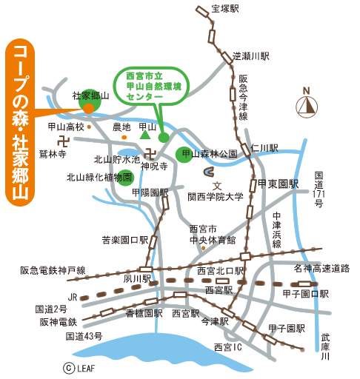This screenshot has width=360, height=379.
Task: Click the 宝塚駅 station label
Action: [x=227, y=9]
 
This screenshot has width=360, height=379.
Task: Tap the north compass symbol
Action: [x=306, y=106]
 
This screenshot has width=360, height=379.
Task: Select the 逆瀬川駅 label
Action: [x=251, y=56]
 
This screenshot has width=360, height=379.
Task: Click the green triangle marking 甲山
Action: [x=146, y=135]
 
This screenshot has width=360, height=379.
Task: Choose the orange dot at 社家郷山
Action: [x=89, y=108]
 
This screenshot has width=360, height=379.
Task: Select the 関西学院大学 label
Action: [x=216, y=197]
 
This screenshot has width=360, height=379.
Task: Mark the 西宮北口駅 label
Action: [x=220, y=271]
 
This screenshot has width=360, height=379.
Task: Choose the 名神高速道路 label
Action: [x=321, y=267]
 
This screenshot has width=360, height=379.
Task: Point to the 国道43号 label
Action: [x=83, y=336]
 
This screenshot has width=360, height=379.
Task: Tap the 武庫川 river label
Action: [x=324, y=346]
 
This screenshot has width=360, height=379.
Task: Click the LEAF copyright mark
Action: [x=76, y=366]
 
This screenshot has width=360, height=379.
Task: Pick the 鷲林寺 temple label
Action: [x=53, y=154]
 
